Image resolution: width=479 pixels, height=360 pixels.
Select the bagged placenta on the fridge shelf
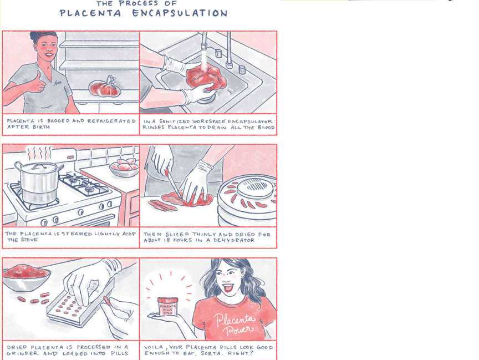(104, 87)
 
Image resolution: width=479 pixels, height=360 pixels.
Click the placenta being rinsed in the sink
(206, 77)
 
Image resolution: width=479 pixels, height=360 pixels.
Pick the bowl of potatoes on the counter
(124, 168)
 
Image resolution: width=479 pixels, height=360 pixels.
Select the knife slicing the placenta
(174, 184)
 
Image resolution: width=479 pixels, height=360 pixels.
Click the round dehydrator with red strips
(247, 199)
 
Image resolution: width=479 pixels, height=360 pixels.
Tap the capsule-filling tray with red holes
(80, 308)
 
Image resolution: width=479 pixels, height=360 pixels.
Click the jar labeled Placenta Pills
(168, 306)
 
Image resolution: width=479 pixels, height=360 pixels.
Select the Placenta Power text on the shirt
(235, 324)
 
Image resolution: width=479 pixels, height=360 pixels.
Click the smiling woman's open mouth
(228, 288)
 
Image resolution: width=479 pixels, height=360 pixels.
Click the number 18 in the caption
(169, 240)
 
